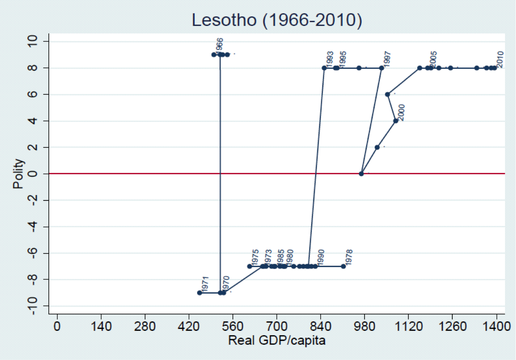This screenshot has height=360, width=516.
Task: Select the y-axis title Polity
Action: pos(18,174)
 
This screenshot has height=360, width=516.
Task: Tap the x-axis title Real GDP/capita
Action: pos(276,340)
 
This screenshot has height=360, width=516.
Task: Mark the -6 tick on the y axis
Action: pos(36,253)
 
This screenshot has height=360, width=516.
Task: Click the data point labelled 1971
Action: pos(199,293)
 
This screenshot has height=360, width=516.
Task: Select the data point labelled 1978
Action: pos(343,266)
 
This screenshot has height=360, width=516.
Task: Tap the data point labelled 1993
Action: pos(324,68)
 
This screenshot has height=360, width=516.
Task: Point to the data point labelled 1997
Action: pos(381,68)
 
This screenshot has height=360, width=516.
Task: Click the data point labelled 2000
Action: pos(396,121)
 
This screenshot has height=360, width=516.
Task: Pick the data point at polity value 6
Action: pos(387,94)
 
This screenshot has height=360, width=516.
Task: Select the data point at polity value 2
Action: pos(377,147)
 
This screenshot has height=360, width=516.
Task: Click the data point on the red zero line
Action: pos(361,174)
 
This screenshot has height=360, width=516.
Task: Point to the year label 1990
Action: pos(321,257)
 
